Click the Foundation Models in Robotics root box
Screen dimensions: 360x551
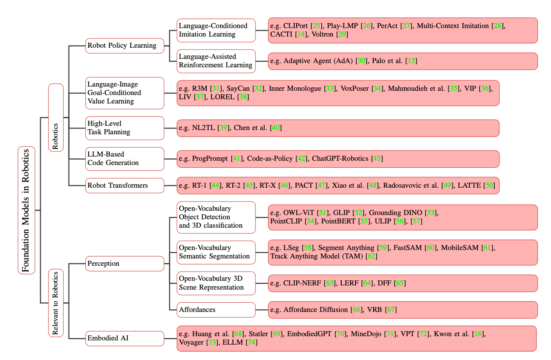[x=26, y=210]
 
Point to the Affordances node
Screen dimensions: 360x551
[x=216, y=310]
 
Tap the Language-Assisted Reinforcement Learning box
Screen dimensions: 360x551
[x=216, y=61]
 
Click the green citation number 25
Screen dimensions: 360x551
[x=316, y=26]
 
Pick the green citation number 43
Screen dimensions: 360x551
[x=377, y=158]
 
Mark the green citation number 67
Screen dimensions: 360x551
[x=391, y=310]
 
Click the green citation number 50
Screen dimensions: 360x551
[x=489, y=185]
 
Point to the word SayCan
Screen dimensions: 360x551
[x=238, y=88]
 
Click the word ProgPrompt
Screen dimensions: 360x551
[x=210, y=158]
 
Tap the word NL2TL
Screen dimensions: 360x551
[x=203, y=128]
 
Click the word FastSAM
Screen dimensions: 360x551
[x=407, y=248]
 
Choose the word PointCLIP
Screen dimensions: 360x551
[x=286, y=221]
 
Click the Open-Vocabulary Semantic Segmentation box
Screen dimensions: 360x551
[x=216, y=252]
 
